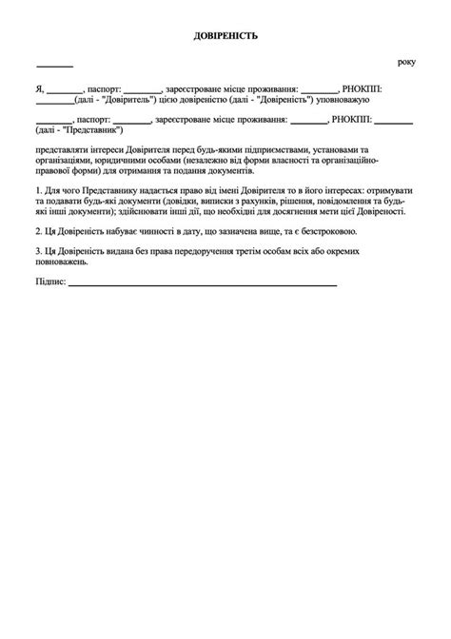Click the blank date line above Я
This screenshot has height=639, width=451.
coord(54,65)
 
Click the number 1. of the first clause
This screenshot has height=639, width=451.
coord(37,191)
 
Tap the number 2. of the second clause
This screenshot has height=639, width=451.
coord(37,233)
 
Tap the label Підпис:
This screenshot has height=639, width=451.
coord(50,284)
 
